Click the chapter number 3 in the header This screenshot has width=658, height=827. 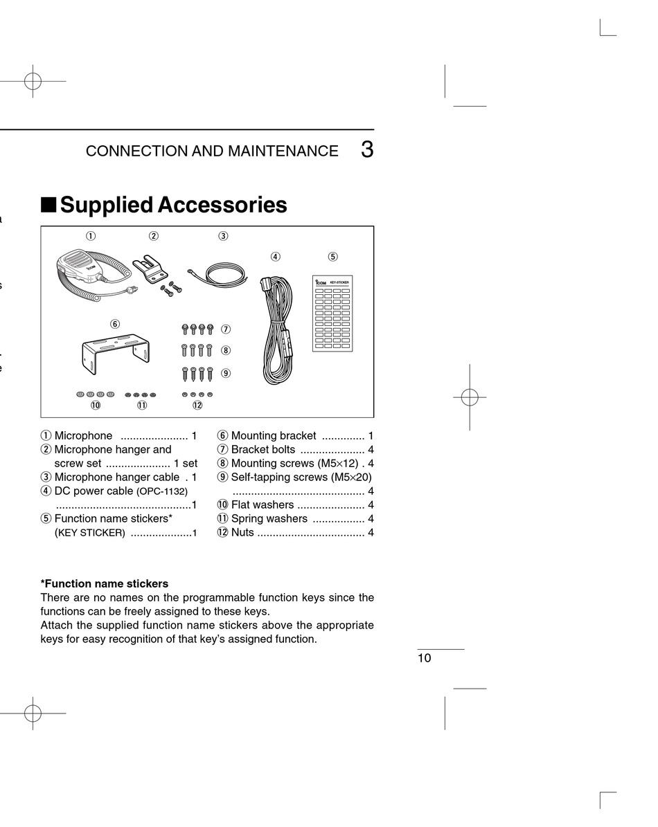[x=366, y=150]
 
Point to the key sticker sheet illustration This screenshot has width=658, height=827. [x=332, y=313]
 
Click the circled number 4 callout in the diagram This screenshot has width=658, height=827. [x=276, y=257]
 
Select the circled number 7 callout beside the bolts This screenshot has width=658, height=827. [x=226, y=329]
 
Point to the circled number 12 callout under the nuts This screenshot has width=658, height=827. [x=197, y=406]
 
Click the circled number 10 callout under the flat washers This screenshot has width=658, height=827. [x=96, y=406]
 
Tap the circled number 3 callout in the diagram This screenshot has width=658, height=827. [x=223, y=236]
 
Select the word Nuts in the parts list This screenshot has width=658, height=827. [x=242, y=532]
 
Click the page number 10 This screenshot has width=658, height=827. [x=424, y=658]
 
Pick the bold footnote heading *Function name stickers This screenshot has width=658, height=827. [x=105, y=583]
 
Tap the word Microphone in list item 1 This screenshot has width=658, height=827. [x=83, y=435]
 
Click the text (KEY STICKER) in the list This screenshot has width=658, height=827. [x=90, y=533]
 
